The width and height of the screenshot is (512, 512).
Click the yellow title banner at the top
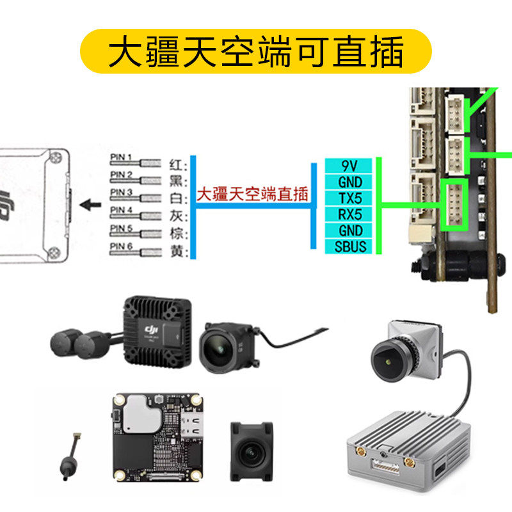click(256, 51)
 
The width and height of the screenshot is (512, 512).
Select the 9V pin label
click(350, 166)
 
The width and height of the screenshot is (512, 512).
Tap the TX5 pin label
click(350, 198)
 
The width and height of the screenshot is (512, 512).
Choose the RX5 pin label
click(350, 214)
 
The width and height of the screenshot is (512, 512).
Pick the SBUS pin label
click(350, 246)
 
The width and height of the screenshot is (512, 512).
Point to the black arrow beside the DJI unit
click(92, 205)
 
